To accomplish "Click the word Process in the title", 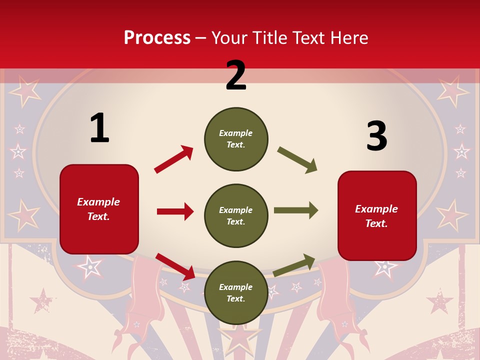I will [157, 37].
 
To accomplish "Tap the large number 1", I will [99, 128].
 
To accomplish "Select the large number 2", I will [236, 75].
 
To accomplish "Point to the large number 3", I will [377, 136].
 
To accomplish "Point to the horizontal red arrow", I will [175, 211].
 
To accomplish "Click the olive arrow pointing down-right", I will [297, 160].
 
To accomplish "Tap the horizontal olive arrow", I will [296, 210].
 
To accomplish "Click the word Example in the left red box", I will [98, 202].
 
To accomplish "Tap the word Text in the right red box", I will [376, 223].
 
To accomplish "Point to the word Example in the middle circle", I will [236, 210].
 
